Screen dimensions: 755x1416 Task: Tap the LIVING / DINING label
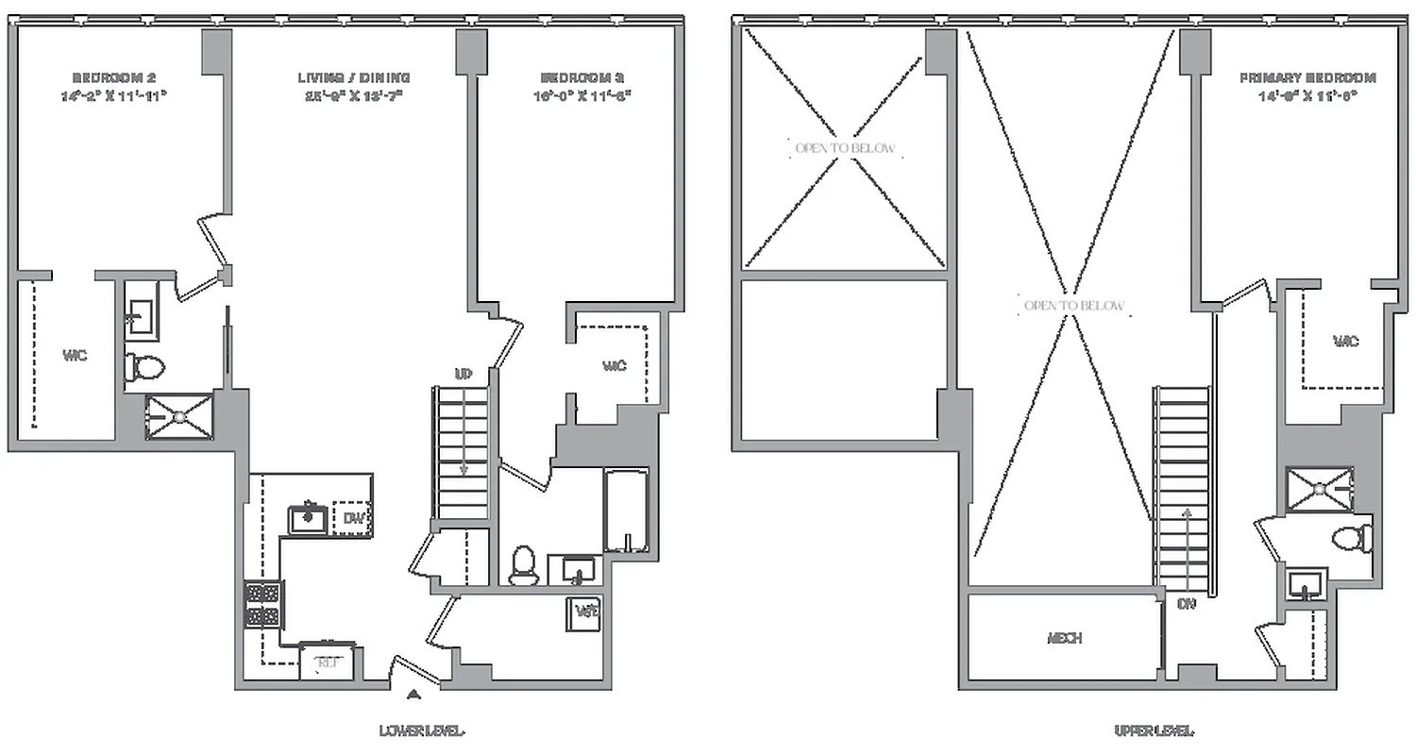pyautogui.click(x=354, y=77)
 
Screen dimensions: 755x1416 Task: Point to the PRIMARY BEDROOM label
pyautogui.click(x=1307, y=77)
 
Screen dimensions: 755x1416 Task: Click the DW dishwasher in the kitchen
pyautogui.click(x=353, y=518)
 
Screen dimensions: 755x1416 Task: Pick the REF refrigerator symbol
pyautogui.click(x=329, y=663)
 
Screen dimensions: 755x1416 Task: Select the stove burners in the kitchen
pyautogui.click(x=263, y=604)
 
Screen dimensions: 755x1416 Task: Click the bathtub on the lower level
pyautogui.click(x=625, y=511)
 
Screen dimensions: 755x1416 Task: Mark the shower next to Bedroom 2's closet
pyautogui.click(x=179, y=416)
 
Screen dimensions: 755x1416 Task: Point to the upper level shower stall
pyautogui.click(x=1320, y=488)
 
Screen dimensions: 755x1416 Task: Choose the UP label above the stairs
pyautogui.click(x=464, y=375)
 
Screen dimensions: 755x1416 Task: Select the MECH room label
pyautogui.click(x=1064, y=638)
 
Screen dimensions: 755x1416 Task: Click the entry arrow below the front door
pyautogui.click(x=413, y=696)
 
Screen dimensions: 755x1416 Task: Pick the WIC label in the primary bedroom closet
pyautogui.click(x=1346, y=341)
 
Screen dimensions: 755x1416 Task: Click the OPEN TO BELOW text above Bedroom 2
pyautogui.click(x=844, y=149)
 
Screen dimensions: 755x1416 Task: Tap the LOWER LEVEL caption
pyautogui.click(x=422, y=730)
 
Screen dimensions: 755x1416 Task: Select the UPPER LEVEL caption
pyautogui.click(x=1154, y=730)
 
